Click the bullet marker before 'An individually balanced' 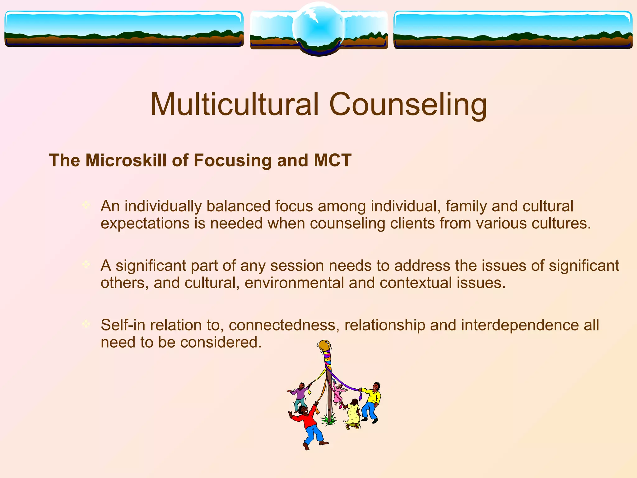(86, 205)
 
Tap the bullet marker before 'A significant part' (86, 265)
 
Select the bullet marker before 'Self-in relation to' (86, 324)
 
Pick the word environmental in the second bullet (294, 283)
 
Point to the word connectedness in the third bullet (284, 325)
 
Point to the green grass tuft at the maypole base (329, 420)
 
